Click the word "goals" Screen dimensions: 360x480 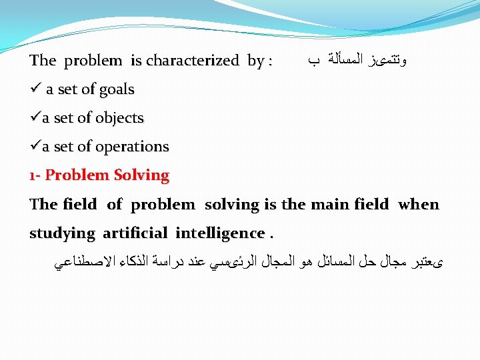[x=116, y=90]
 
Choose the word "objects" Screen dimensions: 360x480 [x=119, y=118]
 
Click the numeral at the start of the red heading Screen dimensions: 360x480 [x=33, y=176]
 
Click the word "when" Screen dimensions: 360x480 [x=419, y=204]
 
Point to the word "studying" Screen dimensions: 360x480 [x=63, y=233]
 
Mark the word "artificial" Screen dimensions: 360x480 [x=136, y=233]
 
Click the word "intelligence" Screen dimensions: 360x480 [x=220, y=233]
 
